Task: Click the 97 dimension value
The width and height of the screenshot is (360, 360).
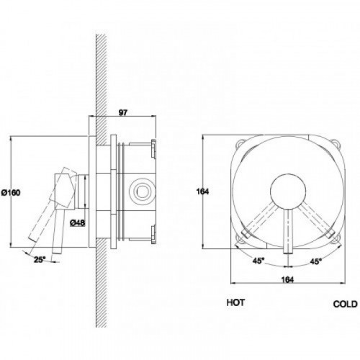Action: coord(122,112)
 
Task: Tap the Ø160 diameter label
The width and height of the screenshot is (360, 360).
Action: coord(11,192)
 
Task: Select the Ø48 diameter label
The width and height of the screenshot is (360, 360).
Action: coord(77,222)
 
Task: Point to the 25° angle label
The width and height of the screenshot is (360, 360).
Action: coord(40,259)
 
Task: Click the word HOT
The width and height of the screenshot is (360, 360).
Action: coord(235,302)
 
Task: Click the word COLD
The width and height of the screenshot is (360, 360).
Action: coord(345,304)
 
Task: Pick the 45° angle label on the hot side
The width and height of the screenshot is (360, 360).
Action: coord(258,261)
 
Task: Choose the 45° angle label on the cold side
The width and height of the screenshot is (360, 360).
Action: coord(315,261)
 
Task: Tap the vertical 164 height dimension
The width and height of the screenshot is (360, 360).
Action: coord(202,192)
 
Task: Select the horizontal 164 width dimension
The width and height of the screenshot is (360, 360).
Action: coord(287,279)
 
